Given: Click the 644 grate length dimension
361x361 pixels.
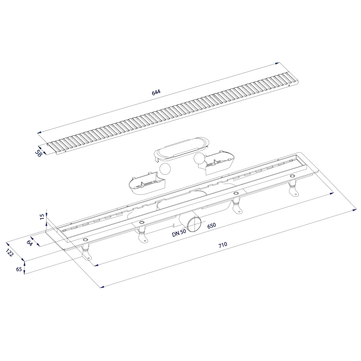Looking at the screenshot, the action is (x=156, y=92).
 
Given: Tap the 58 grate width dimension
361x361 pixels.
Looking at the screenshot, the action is (x=39, y=153).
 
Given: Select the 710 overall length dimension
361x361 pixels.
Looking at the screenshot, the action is (x=223, y=245).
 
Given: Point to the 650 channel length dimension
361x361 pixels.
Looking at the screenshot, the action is (x=211, y=225).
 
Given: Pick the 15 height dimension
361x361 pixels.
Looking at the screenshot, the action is (x=42, y=217).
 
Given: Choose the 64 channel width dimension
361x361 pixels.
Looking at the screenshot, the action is (x=29, y=243).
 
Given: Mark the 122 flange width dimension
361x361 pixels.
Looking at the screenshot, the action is (x=10, y=253).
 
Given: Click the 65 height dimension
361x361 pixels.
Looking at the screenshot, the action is (x=19, y=269).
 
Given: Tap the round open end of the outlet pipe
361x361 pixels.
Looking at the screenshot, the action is (x=194, y=224).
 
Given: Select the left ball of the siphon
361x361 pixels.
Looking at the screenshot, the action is (x=165, y=169).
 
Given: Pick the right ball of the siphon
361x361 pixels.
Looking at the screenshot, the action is (x=199, y=158).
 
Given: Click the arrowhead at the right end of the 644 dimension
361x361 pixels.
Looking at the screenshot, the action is (x=278, y=63).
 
